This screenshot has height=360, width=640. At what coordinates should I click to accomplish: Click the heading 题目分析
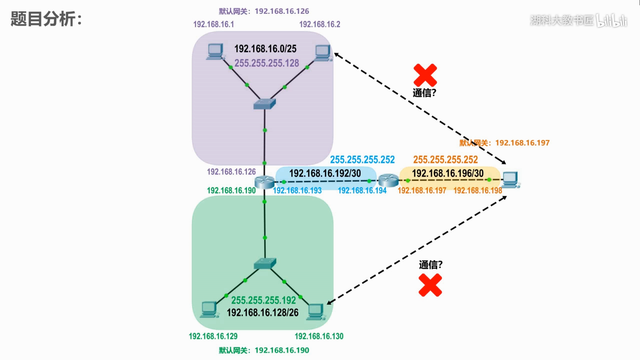tap(46, 19)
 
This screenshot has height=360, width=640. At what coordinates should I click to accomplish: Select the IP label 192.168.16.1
tap(214, 24)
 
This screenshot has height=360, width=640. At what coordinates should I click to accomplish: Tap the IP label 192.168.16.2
tap(320, 24)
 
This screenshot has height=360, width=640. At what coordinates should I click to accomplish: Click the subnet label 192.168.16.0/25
tap(265, 49)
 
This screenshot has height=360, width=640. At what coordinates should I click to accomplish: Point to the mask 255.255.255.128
tap(267, 63)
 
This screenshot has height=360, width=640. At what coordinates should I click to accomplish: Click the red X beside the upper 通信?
tap(425, 75)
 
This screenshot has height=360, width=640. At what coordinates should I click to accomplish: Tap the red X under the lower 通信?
tap(430, 285)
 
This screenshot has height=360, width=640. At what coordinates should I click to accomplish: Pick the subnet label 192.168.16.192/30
tap(325, 173)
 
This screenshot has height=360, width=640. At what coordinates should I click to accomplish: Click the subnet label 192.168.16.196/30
tap(448, 173)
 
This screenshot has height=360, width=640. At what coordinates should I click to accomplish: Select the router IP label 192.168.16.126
tap(231, 172)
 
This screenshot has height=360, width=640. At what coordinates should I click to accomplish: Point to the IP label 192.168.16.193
tap(297, 190)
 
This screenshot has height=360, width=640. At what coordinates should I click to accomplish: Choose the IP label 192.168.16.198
tap(478, 190)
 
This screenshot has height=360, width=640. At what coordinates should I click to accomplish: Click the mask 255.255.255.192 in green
tap(264, 300)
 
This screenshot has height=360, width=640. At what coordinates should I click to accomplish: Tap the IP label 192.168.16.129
tap(213, 336)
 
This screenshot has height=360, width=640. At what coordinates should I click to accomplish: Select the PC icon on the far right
tap(511, 180)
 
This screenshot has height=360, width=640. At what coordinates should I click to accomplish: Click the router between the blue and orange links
tap(389, 180)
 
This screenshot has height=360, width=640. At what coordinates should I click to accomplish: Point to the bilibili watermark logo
tap(612, 20)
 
